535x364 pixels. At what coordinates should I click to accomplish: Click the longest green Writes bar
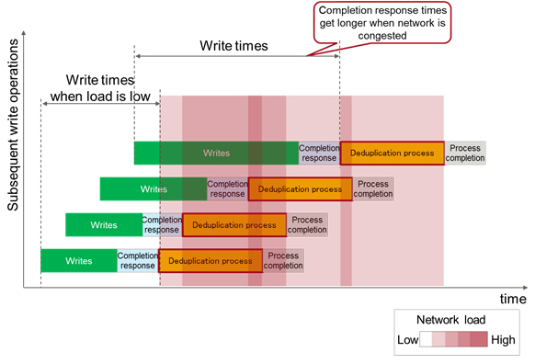tap(216, 153)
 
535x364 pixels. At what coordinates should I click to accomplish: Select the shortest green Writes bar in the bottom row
tap(79, 260)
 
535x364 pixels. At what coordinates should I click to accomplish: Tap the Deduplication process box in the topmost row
tap(393, 153)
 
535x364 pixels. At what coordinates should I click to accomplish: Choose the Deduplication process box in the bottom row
tap(211, 260)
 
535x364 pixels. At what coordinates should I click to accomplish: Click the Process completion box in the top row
tap(465, 153)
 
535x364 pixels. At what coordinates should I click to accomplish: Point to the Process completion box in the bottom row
tap(284, 260)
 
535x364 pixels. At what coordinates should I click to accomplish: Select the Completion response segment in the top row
tap(319, 153)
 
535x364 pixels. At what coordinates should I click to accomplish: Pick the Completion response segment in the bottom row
tap(138, 260)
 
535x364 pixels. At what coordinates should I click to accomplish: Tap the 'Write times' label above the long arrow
tap(233, 44)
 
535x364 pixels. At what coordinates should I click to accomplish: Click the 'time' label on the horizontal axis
tap(513, 299)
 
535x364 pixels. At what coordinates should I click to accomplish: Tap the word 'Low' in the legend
tap(407, 339)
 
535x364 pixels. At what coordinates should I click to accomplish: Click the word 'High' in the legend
tap(504, 339)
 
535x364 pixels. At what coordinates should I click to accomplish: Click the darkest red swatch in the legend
tap(479, 339)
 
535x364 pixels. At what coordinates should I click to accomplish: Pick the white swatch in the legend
tap(427, 339)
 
